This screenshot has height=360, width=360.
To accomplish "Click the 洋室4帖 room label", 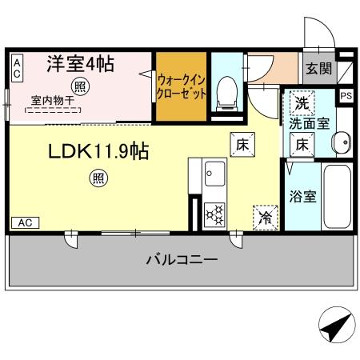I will [79, 64].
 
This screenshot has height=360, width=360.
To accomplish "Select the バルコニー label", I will [182, 260].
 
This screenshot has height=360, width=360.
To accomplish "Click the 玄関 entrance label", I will [317, 68].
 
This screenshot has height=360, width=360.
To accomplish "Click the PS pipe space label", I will [346, 96].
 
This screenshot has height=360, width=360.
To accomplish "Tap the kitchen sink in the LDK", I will [214, 171].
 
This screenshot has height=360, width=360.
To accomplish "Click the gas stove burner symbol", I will [215, 214].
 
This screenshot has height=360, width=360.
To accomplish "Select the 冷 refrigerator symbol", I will [264, 216].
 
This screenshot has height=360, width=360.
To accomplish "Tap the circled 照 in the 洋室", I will [80, 86].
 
